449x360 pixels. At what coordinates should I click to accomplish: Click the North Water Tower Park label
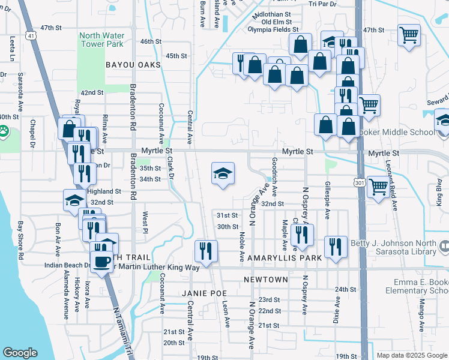pos(101,39)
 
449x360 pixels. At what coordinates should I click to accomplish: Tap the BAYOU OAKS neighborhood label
pos(133,64)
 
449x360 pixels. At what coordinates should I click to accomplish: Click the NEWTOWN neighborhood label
pos(266,280)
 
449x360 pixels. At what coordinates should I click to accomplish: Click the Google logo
pos(20,353)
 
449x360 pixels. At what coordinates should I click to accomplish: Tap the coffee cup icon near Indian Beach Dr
pos(100,260)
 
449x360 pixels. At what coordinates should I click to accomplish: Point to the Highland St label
pos(104,191)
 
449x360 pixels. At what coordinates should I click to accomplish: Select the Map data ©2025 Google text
pos(411,355)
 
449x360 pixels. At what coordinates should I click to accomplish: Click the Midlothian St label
pos(271,13)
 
